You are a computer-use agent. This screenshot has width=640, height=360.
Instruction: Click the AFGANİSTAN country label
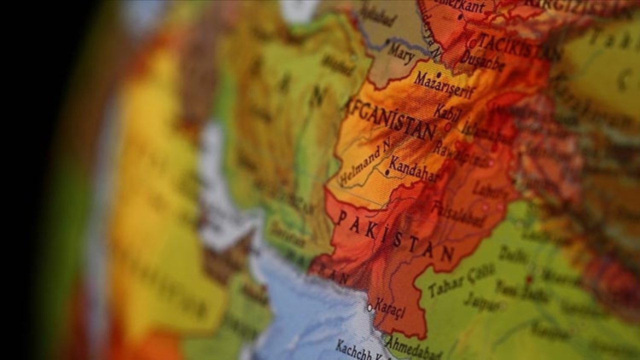(x=390, y=118)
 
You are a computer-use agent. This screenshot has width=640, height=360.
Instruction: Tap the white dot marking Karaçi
(x=370, y=307)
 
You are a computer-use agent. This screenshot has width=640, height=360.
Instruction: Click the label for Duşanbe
(x=482, y=60)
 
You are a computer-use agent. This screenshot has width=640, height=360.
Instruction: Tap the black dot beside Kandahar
(x=386, y=172)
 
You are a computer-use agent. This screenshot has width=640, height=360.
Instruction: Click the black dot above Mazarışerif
(x=438, y=74)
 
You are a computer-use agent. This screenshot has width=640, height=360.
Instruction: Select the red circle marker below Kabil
(x=447, y=127)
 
